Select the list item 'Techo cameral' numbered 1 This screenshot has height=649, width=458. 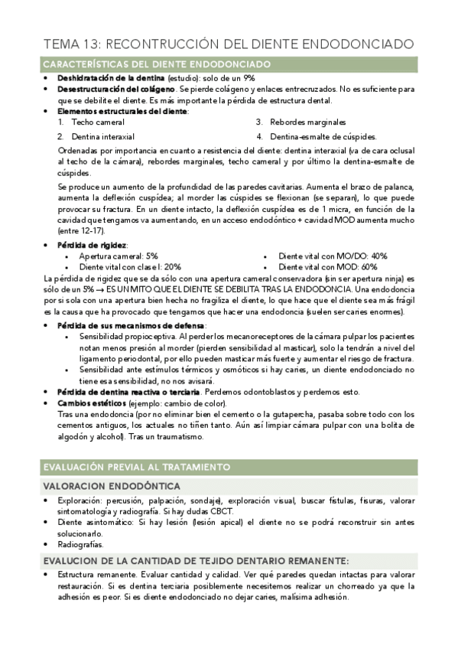[98, 122]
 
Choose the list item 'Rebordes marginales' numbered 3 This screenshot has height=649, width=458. [307, 122]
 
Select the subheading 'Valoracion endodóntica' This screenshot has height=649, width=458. [112, 486]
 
